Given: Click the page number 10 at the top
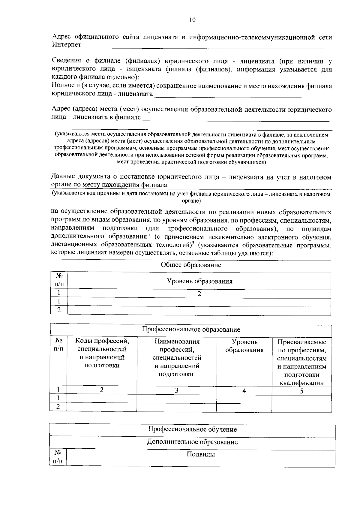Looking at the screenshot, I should [x=192, y=20].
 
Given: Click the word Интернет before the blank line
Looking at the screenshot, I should [x=67, y=45].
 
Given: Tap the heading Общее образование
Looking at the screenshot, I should [x=191, y=265].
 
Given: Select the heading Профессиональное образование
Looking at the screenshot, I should [x=191, y=330].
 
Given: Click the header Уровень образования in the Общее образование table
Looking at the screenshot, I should [x=199, y=281].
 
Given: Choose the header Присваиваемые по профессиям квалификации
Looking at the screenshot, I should [x=301, y=362].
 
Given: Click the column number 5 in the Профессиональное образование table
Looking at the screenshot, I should [x=302, y=391].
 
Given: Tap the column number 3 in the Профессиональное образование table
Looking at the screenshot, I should [x=177, y=390].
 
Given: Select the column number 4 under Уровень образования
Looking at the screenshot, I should [x=244, y=391].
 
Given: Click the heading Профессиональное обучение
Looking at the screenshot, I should [x=192, y=429].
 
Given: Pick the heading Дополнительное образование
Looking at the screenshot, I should [x=192, y=442].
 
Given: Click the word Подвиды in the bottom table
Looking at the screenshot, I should [x=201, y=454].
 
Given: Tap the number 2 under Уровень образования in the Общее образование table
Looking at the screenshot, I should [x=199, y=294].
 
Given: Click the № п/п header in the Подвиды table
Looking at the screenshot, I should [x=58, y=457].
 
